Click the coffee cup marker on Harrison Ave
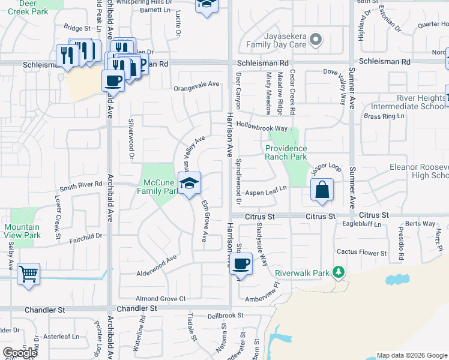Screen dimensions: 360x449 pyautogui.click(x=241, y=263)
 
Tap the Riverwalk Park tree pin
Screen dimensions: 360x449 pyautogui.click(x=339, y=272)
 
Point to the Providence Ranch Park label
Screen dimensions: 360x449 pyautogui.click(x=286, y=152)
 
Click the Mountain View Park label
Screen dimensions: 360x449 pyautogui.click(x=22, y=231)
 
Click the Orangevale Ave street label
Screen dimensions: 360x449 pyautogui.click(x=196, y=85)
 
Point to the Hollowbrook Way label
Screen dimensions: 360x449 pyautogui.click(x=262, y=128)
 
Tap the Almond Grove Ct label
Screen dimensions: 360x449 pyautogui.click(x=160, y=298)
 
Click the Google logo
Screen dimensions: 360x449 pyautogui.click(x=20, y=353)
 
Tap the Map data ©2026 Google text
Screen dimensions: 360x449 pyautogui.click(x=412, y=355)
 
